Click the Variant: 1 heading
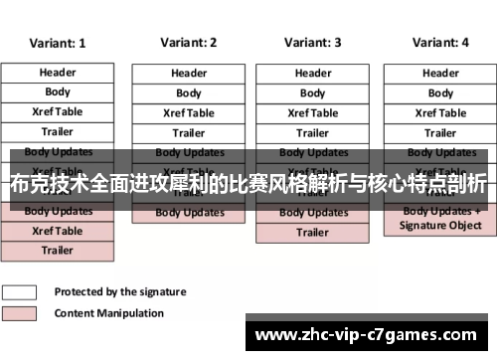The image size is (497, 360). pyautogui.click(x=58, y=44)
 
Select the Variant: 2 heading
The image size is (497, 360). pyautogui.click(x=189, y=43)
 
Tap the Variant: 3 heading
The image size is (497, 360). pyautogui.click(x=313, y=43)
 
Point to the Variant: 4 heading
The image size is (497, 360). pyautogui.click(x=440, y=43)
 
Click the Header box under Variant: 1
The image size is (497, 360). pyautogui.click(x=58, y=73)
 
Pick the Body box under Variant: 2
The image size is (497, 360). pyautogui.click(x=189, y=93)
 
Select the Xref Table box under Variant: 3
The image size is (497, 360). pyautogui.click(x=313, y=113)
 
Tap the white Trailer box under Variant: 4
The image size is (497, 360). pyautogui.click(x=440, y=133)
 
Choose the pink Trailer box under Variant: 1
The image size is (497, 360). pyautogui.click(x=58, y=251)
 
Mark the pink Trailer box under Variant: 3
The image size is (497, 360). pyautogui.click(x=313, y=233)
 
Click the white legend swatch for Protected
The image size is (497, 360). pyautogui.click(x=20, y=292)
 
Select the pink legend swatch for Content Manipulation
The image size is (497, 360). pyautogui.click(x=20, y=312)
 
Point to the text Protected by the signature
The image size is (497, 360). pyautogui.click(x=119, y=292)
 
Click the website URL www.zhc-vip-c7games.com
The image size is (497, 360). pyautogui.click(x=372, y=335)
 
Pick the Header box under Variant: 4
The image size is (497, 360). pyautogui.click(x=440, y=74)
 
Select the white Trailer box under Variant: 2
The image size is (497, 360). pyautogui.click(x=189, y=133)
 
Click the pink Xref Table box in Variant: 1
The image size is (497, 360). pyautogui.click(x=58, y=231)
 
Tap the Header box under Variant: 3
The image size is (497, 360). pyautogui.click(x=313, y=74)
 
